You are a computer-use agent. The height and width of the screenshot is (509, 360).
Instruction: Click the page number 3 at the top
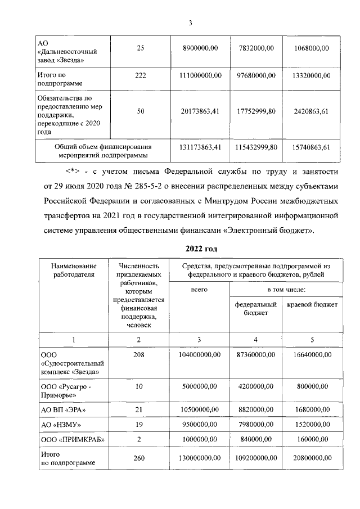tap(190, 22)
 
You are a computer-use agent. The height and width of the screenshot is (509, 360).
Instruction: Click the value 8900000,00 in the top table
tap(201, 49)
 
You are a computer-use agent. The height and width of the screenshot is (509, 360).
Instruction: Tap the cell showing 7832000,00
tap(256, 49)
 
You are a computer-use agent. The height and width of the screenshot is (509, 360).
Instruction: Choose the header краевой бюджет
tap(312, 304)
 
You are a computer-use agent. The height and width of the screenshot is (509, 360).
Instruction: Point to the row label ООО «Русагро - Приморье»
tap(66, 390)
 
